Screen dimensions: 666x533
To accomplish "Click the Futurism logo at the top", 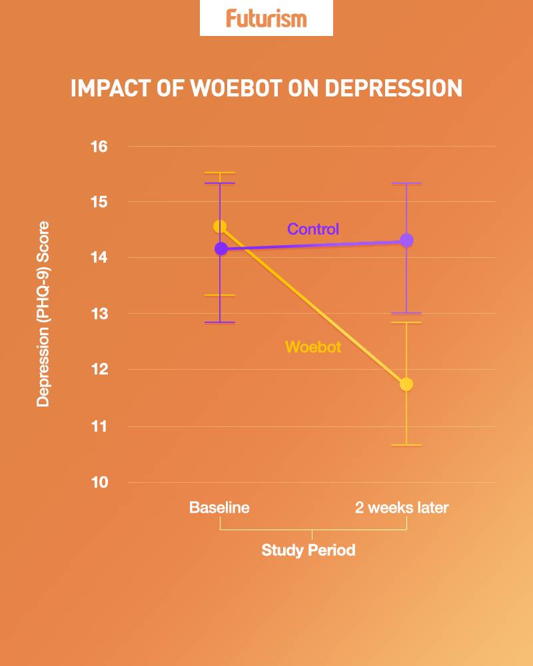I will pos(266,18).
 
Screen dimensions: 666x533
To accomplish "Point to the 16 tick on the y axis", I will pos(100,147).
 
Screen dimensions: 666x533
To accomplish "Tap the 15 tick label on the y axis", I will pos(100,202).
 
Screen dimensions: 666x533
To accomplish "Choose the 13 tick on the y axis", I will pos(100,314).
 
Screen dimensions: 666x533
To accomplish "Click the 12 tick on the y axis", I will pos(100,370).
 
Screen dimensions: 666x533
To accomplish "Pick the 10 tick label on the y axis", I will pos(100,482).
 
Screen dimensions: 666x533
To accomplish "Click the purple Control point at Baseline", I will pos(221,248).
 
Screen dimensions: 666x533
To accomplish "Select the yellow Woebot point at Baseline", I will pos(220,226).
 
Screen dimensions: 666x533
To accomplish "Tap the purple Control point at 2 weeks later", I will pos(406,240).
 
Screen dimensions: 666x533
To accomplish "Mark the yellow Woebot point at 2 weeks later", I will pos(406,384).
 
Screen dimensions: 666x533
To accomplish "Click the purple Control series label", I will pos(313,229).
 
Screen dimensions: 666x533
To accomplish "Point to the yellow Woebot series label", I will pos(313,347).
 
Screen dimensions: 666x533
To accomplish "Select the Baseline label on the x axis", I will pos(219,507).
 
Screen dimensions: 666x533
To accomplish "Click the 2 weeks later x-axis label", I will pos(402,507).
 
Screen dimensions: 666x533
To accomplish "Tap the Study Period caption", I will pos(308,551).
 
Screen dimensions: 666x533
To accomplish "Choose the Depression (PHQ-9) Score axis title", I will pos(43,314).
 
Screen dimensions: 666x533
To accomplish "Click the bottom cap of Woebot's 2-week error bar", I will pos(406,445).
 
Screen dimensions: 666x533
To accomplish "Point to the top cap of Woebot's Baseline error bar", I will pos(220,173).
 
